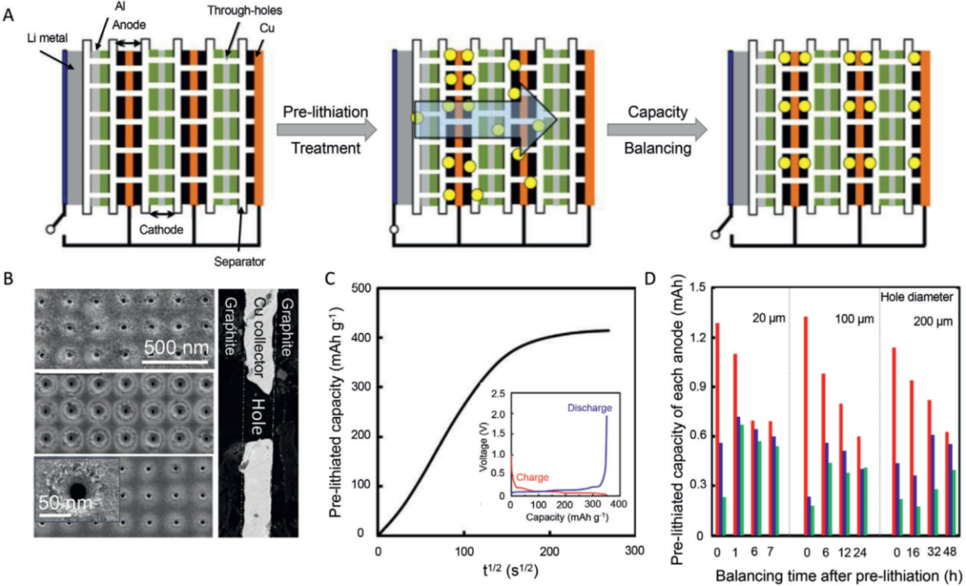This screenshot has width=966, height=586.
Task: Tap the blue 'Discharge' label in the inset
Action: pos(589,408)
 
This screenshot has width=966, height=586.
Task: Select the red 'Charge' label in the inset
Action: pos(533,477)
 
